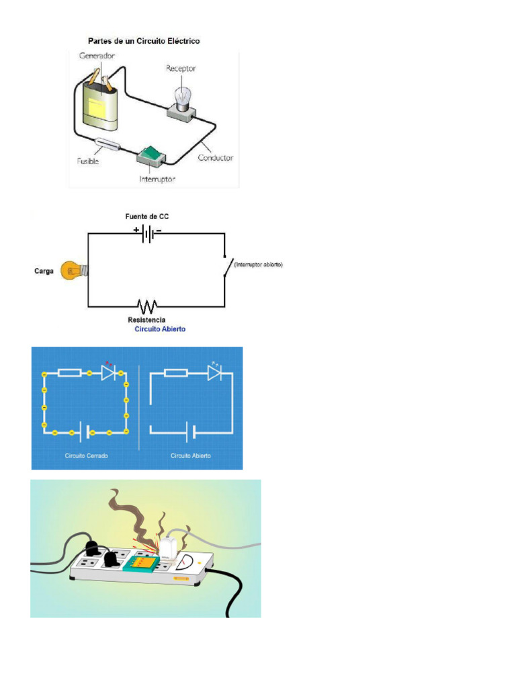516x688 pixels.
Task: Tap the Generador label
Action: (96, 55)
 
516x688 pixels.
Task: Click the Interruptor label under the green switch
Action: (157, 179)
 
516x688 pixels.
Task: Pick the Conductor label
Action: (215, 158)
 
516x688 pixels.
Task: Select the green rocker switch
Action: (151, 156)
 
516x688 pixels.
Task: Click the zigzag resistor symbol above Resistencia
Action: (146, 306)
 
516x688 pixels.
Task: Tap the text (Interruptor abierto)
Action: (259, 265)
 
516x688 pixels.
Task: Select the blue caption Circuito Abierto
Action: (160, 329)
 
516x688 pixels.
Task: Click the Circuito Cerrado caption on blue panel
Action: (87, 456)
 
